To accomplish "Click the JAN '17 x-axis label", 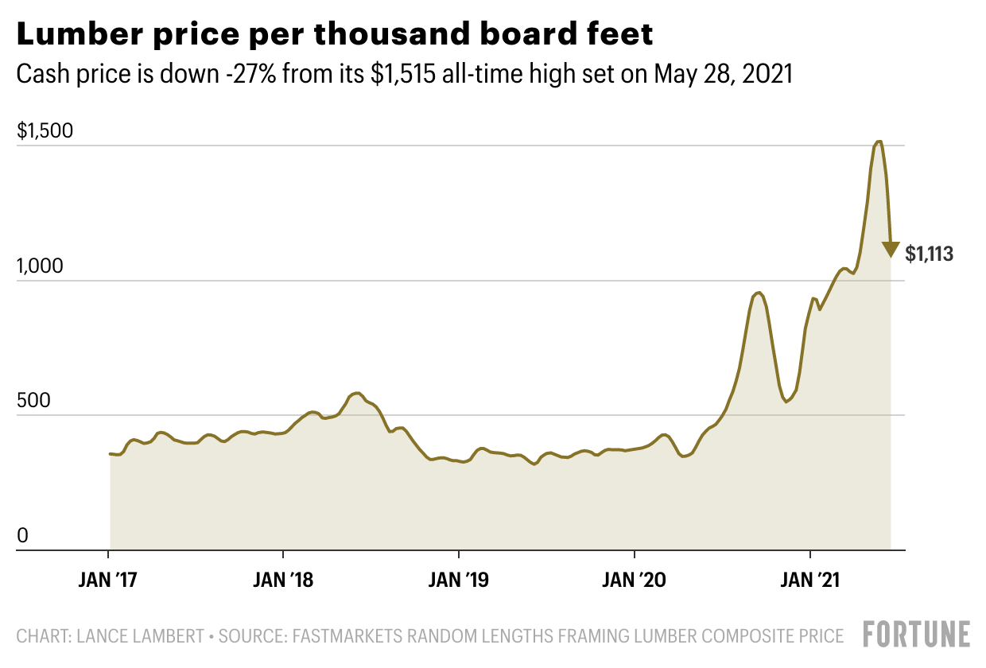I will [x=109, y=579].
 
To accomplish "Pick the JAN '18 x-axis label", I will [x=284, y=579].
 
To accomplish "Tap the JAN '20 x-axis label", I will [x=635, y=579].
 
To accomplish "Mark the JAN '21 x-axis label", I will [x=809, y=579].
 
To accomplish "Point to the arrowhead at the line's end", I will [x=891, y=250].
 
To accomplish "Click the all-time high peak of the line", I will [x=879, y=142].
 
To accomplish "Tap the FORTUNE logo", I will [x=917, y=635].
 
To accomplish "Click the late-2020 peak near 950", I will [x=759, y=293].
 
